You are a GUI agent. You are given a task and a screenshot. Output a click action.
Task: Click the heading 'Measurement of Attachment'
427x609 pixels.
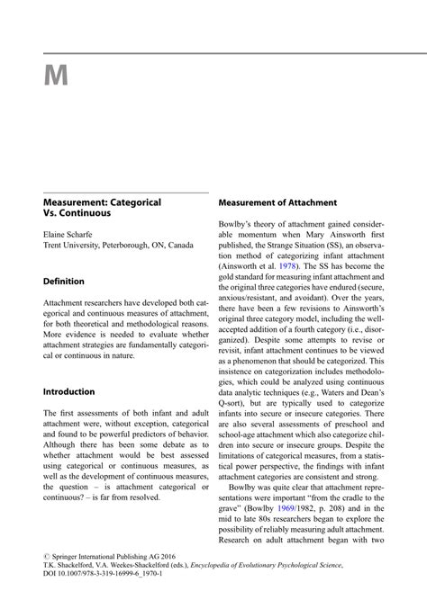277,203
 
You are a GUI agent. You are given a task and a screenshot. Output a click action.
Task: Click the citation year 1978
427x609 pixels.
287,266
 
